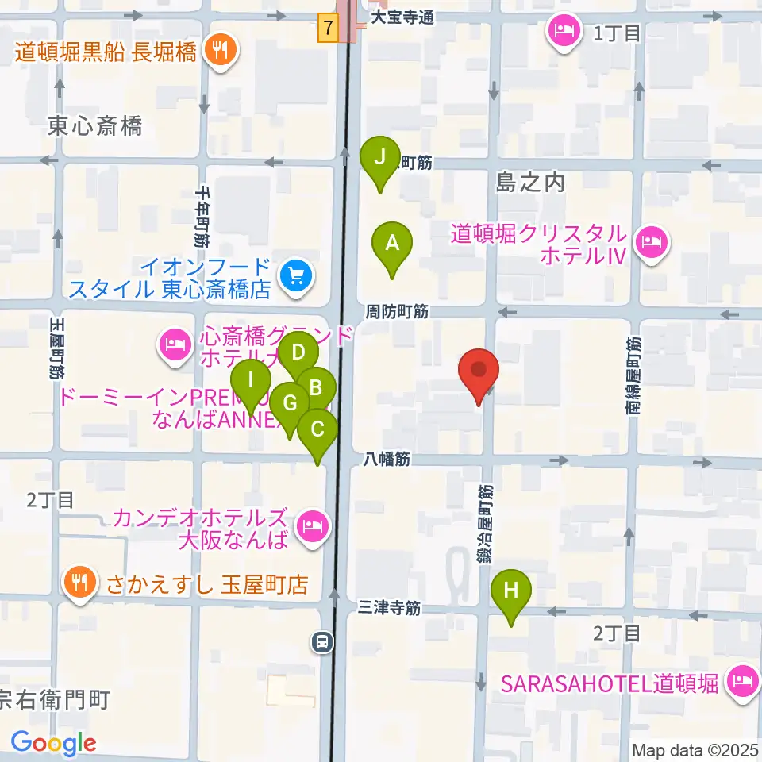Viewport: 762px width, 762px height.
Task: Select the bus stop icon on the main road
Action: [322, 641]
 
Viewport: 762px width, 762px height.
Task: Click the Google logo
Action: [53, 744]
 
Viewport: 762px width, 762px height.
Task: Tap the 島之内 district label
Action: [529, 183]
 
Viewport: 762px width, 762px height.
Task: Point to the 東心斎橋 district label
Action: [94, 125]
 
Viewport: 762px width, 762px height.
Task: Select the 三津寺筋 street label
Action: [388, 609]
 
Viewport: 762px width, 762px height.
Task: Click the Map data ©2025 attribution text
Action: [695, 749]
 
